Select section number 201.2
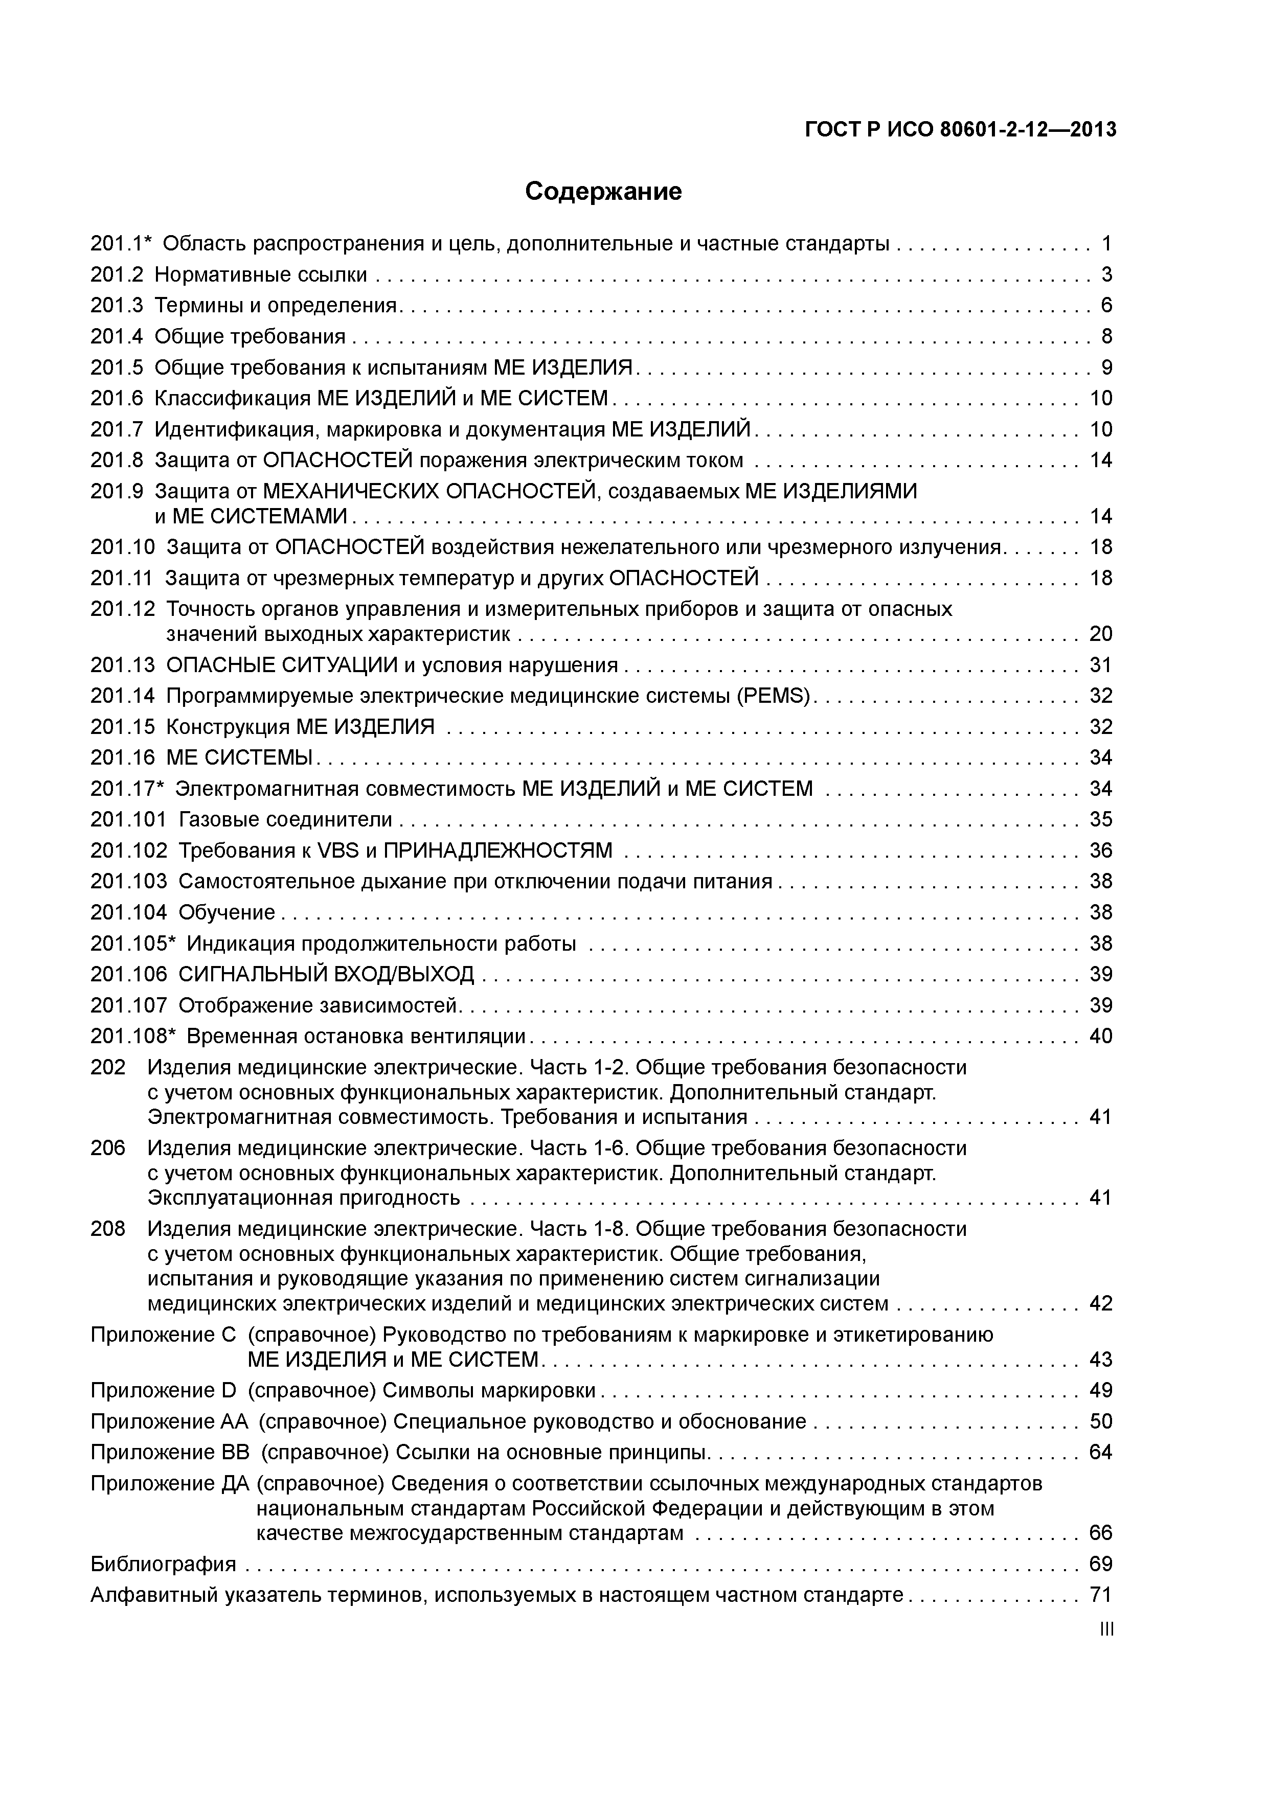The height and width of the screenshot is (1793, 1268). [x=117, y=275]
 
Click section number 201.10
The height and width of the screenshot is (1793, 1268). [x=123, y=547]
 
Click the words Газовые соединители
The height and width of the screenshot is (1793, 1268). [x=285, y=819]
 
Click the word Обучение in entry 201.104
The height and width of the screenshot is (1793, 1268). [x=227, y=912]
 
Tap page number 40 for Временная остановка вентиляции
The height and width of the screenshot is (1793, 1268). [x=1100, y=1036]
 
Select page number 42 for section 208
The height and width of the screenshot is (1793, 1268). [x=1100, y=1303]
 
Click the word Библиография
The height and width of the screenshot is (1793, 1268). [x=163, y=1564]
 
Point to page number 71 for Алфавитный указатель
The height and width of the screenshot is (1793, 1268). [x=1100, y=1595]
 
